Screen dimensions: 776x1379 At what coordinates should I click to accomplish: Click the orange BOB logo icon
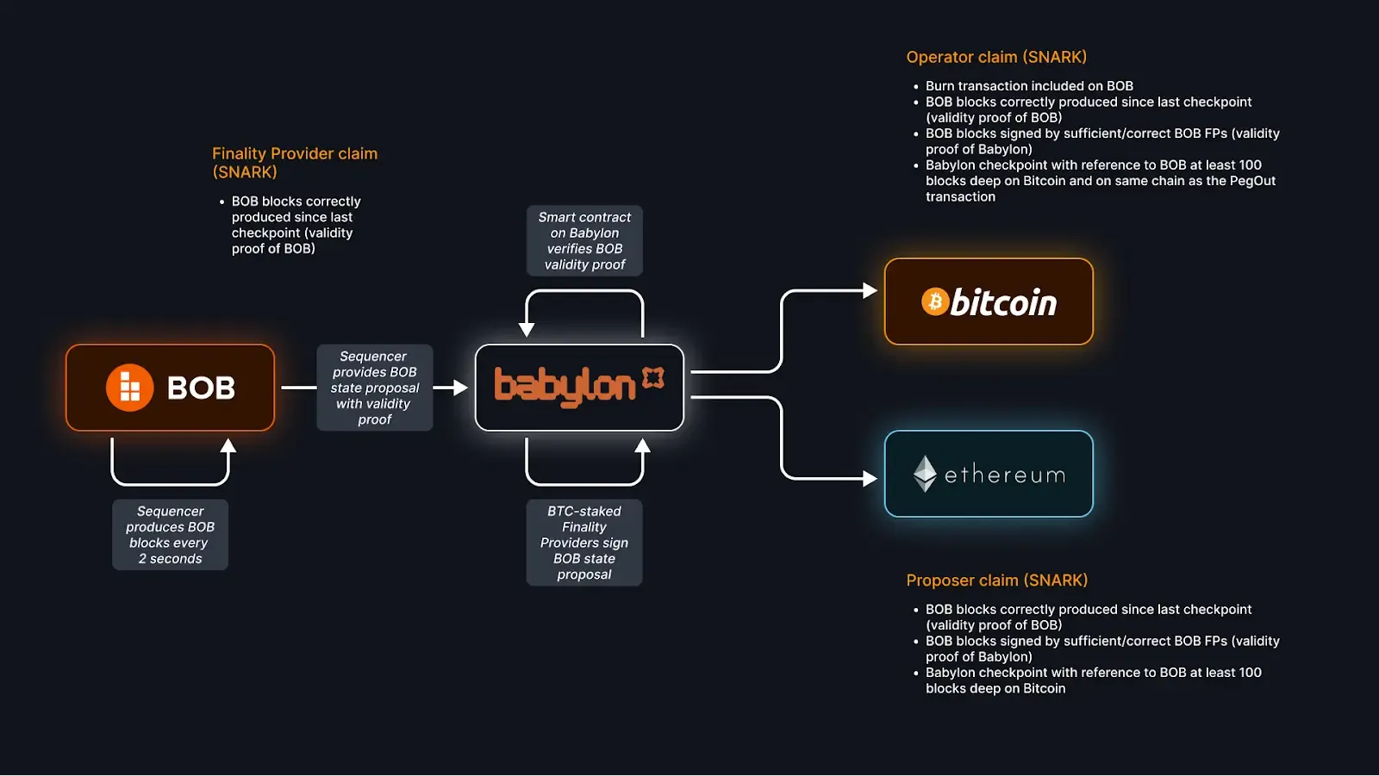click(129, 388)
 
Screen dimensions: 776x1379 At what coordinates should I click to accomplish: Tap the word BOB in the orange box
click(201, 388)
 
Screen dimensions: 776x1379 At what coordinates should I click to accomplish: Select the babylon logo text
click(565, 387)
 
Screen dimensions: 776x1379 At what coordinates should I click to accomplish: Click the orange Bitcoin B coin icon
click(935, 301)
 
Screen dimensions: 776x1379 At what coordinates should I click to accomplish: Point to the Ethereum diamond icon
click(925, 474)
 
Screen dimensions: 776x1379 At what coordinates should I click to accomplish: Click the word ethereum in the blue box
click(1005, 475)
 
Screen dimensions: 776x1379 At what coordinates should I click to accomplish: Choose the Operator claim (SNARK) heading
click(996, 57)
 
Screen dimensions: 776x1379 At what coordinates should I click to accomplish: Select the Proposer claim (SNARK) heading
click(996, 580)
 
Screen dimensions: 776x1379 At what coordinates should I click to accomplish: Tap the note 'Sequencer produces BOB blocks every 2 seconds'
click(171, 535)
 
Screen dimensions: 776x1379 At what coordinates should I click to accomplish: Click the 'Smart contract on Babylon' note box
click(584, 241)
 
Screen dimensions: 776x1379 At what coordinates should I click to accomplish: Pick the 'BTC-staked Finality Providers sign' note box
click(584, 543)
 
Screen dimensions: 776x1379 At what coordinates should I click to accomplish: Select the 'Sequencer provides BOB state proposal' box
click(375, 388)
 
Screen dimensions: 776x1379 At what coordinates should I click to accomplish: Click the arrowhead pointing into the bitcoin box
click(870, 291)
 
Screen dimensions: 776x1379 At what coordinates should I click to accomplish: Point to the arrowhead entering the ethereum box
click(870, 478)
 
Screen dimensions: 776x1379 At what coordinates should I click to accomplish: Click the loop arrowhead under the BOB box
click(228, 446)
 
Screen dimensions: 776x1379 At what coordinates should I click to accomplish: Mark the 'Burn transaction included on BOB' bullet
click(1029, 86)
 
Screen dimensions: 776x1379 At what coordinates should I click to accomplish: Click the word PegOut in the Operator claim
click(1252, 181)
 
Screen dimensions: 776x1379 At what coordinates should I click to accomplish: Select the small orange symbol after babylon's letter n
click(653, 377)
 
